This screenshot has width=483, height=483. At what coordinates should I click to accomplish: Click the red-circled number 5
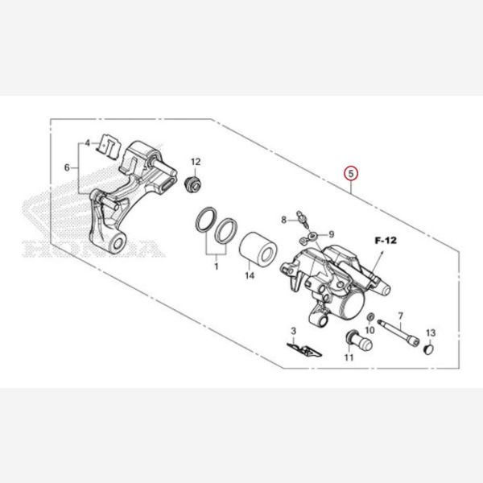pos(351,173)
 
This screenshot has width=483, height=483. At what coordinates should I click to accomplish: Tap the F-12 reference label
pos(386,240)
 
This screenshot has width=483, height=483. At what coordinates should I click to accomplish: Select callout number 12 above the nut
pos(196,162)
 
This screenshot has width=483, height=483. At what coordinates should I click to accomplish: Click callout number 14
pos(250,275)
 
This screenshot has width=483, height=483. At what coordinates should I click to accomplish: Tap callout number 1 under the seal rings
pos(217,266)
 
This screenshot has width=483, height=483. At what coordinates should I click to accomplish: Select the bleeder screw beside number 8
pos(302,219)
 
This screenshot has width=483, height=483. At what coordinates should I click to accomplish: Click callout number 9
pos(332,234)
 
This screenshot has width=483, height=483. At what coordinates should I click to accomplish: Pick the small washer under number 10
pos(371,316)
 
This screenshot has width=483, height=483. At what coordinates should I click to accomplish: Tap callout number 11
pos(349,357)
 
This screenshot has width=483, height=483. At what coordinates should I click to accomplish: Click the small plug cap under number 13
pos(428,349)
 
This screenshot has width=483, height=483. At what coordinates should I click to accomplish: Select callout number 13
pos(431,332)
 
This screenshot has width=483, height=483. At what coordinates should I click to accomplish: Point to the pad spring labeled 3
pos(304,349)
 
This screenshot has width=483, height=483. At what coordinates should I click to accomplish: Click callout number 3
pos(293,331)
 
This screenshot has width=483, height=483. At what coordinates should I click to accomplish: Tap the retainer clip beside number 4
pos(109,147)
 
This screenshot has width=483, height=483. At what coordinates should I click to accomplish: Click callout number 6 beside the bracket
pos(67,168)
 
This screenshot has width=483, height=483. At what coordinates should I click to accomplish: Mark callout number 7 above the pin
pos(400,316)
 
